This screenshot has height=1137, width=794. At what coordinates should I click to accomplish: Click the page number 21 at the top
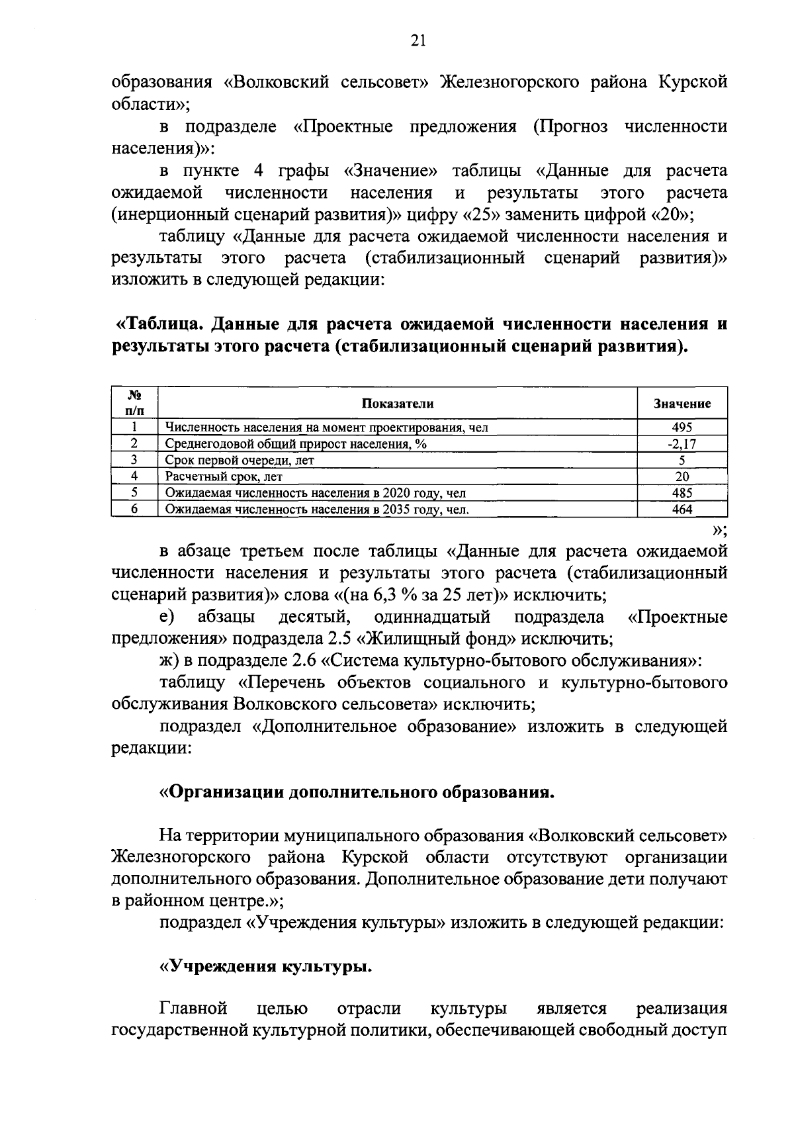coord(418,41)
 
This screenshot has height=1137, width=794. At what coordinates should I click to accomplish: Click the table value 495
coord(682,428)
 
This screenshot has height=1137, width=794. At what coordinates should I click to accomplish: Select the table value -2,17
coord(682,444)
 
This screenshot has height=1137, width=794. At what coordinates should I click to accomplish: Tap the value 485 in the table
coord(682,493)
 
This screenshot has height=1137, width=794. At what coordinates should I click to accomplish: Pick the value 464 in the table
coord(682,510)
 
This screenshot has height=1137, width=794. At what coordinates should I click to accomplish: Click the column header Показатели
coord(398,404)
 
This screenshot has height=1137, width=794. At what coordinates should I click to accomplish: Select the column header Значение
coord(682,404)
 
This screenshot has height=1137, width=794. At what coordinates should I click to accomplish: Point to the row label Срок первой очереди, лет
coord(240,460)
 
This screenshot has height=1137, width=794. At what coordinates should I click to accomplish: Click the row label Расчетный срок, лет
coord(224,477)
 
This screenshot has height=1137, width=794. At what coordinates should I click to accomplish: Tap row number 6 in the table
coord(134,510)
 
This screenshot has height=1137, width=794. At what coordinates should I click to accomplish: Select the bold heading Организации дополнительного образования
coord(358,792)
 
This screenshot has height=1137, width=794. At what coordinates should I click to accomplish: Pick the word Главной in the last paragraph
coord(193,1009)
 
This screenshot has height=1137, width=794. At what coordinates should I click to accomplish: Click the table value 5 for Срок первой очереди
coord(682,460)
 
